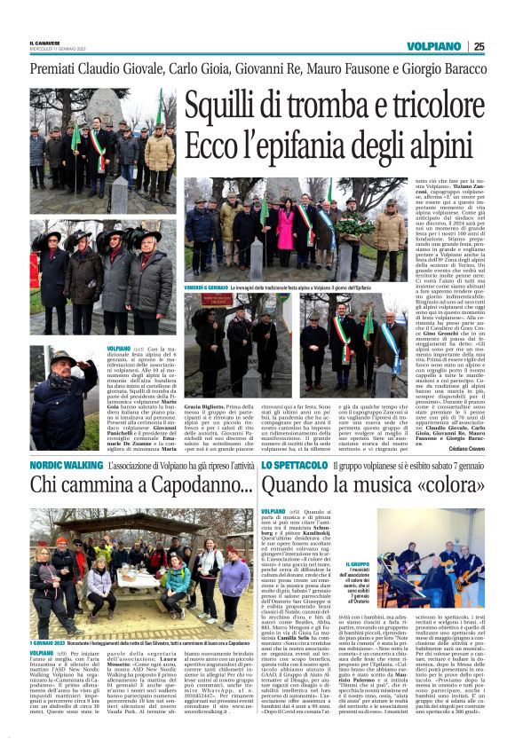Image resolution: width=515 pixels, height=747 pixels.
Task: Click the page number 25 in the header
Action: (503, 46)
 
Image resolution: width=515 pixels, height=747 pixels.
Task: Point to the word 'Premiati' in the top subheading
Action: (61, 69)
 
